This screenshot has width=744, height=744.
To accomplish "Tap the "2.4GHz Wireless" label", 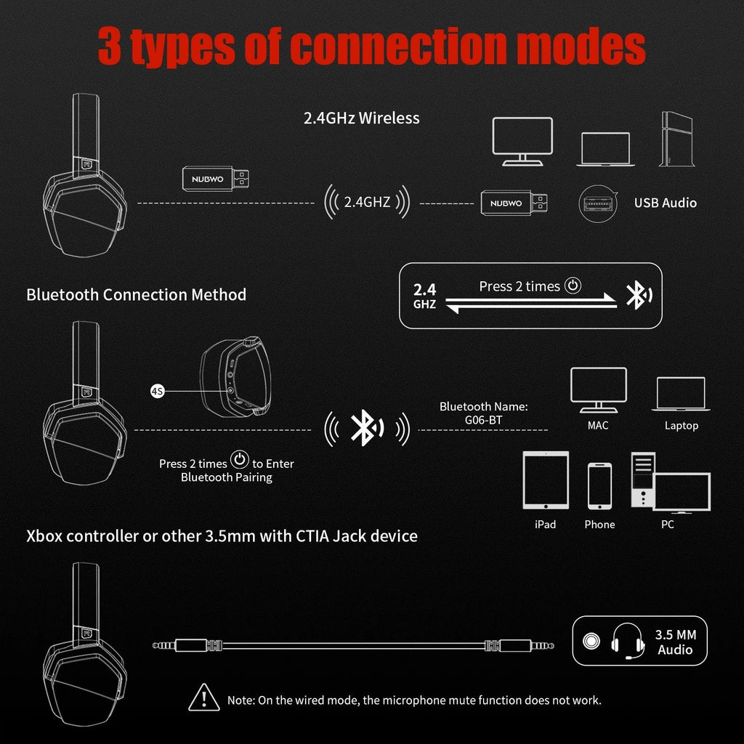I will click(x=361, y=118).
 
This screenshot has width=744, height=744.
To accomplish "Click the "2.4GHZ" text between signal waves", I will click(x=367, y=203).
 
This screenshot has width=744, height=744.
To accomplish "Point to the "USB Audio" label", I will click(x=665, y=203).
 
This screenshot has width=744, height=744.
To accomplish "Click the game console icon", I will click(x=673, y=139).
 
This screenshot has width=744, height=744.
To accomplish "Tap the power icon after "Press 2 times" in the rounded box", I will click(x=573, y=286).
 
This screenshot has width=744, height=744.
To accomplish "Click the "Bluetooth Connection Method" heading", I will click(x=136, y=294).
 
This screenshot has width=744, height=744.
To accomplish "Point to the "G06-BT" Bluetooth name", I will click(x=483, y=419).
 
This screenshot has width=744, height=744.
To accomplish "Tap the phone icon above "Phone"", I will click(x=599, y=487).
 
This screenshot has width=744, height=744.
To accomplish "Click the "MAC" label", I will click(x=598, y=425).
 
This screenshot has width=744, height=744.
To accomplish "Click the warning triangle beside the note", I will click(x=204, y=698).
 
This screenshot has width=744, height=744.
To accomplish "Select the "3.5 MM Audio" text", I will click(x=675, y=642).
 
